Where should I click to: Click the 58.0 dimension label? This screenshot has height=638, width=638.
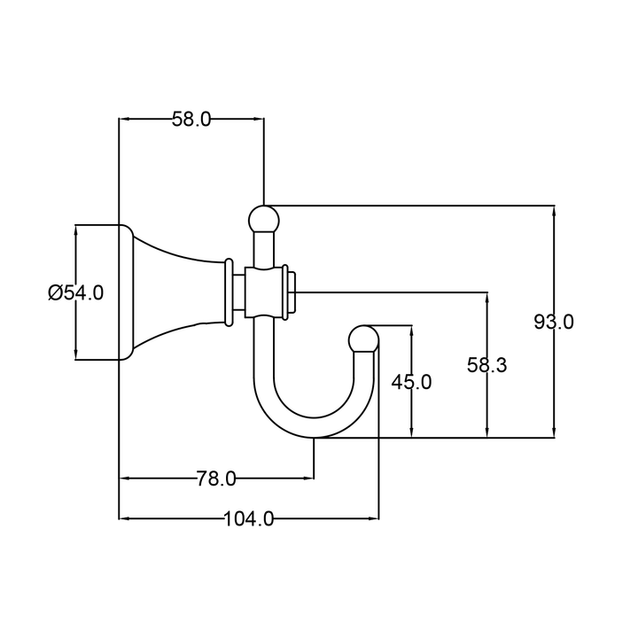[191, 120]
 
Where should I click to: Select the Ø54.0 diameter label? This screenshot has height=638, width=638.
[75, 292]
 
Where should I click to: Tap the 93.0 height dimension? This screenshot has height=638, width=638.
[554, 322]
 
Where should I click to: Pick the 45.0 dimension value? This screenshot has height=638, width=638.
[411, 382]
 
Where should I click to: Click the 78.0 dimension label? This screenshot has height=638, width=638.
[216, 479]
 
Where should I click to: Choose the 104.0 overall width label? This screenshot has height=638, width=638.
[249, 519]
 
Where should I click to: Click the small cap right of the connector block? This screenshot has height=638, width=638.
[292, 292]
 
